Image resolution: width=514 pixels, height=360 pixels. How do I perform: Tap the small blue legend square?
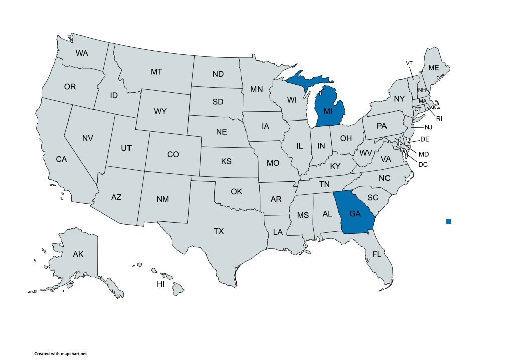[449, 221]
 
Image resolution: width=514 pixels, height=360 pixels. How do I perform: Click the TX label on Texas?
[219, 231]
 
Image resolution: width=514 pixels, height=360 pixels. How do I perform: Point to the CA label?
[61, 159]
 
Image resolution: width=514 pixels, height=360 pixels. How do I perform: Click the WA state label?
[82, 53]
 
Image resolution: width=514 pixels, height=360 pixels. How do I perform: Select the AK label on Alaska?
[78, 254]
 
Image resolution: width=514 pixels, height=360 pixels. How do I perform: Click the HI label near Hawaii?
[161, 284]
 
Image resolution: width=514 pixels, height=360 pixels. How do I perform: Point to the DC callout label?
[423, 164]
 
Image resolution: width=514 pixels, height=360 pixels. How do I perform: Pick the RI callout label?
[439, 119]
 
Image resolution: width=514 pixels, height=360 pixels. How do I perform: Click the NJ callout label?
[428, 128]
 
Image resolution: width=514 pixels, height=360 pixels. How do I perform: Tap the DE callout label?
[424, 139]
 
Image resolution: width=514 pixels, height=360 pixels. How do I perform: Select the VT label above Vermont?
[409, 63]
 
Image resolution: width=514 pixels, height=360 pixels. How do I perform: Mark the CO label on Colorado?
[173, 155]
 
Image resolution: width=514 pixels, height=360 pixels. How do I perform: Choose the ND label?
[218, 74]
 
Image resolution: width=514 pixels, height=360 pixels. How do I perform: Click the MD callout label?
[424, 153]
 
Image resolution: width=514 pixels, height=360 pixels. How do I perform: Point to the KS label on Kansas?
[226, 162]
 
